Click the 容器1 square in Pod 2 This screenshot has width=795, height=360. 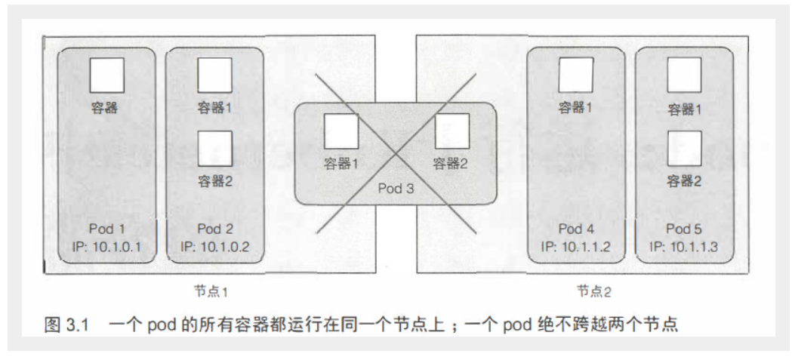(214, 75)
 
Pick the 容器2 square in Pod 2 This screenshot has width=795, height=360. (214, 146)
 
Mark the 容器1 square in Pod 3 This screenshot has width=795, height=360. (341, 131)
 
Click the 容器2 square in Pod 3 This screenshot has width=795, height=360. (451, 131)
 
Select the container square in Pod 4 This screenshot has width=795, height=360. (575, 75)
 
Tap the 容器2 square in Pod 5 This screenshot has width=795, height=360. (685, 148)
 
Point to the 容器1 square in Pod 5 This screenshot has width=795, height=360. (685, 75)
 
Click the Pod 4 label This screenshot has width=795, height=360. (575, 228)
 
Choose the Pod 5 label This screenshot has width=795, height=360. (685, 228)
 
